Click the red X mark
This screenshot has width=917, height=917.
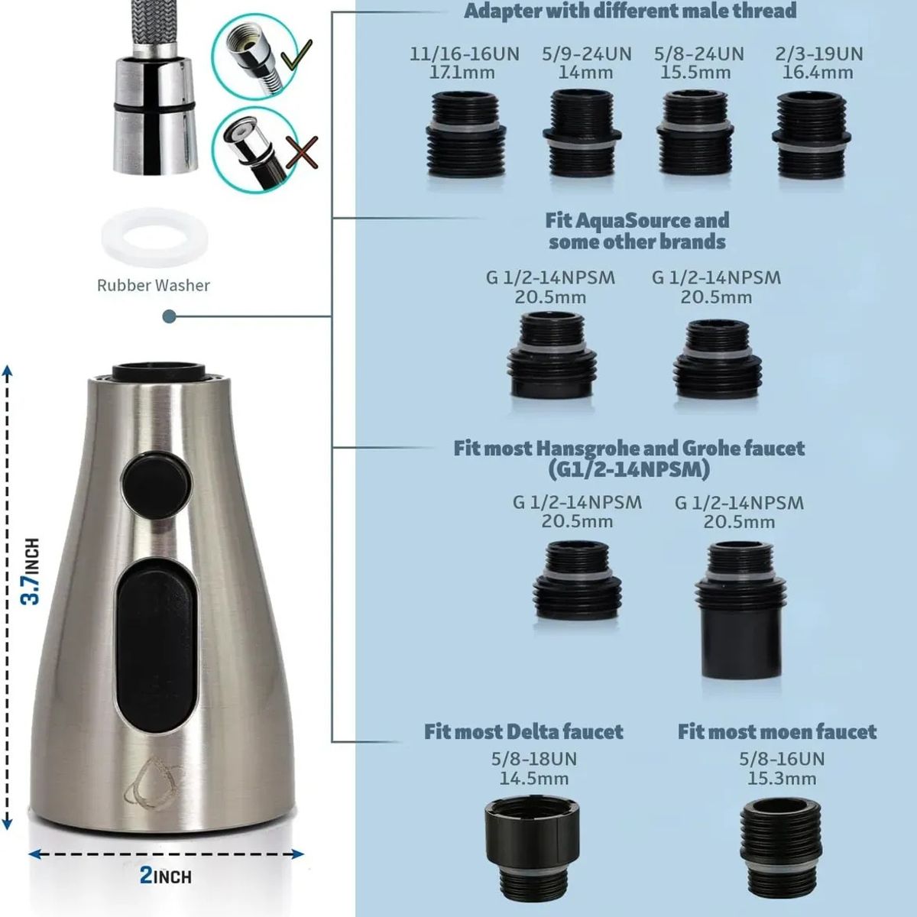(302, 152)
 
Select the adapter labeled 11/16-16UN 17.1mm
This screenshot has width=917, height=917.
(466, 134)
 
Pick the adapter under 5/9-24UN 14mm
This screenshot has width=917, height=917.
(582, 132)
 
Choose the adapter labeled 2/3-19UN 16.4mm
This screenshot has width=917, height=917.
(812, 134)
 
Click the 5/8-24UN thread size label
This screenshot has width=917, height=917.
(698, 53)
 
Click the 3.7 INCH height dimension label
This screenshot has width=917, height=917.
(31, 572)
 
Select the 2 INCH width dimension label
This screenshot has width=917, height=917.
(165, 875)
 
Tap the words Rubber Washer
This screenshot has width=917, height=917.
(154, 285)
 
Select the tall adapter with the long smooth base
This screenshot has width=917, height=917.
(740, 610)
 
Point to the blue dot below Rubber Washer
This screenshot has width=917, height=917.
(170, 316)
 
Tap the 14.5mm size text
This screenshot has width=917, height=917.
(533, 779)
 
